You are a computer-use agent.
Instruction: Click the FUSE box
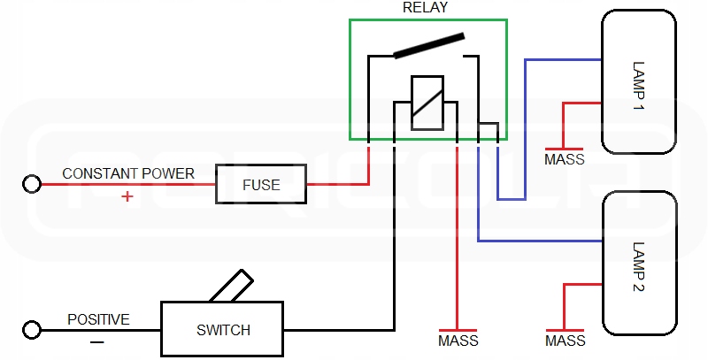261,185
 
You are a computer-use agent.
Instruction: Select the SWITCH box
222,330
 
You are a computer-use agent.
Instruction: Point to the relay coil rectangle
426,103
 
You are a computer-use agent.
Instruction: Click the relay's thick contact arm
429,45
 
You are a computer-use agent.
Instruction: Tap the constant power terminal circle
33,184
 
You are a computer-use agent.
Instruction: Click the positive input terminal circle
33,330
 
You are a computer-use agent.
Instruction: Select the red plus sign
127,196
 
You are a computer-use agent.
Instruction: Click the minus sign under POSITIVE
97,341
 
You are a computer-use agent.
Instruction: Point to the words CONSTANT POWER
127,173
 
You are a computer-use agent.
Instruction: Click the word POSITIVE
98,319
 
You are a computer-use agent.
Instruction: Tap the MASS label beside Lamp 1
564,160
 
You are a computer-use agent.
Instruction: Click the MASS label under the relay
458,341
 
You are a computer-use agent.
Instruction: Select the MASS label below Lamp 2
565,341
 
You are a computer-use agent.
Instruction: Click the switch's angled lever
231,288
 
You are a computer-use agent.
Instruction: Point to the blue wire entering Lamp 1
563,60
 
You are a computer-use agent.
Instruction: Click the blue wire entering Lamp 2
540,241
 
